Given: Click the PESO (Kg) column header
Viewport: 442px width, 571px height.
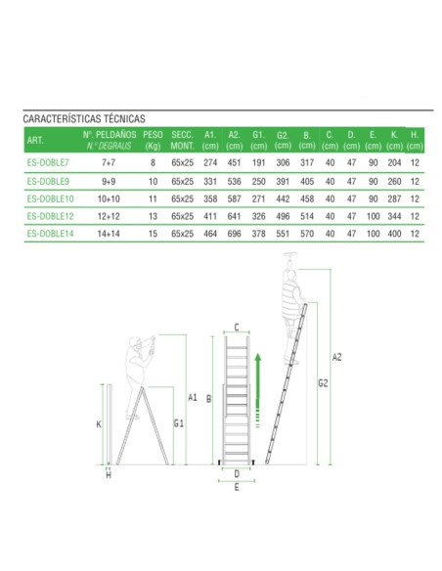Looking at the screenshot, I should (153, 138).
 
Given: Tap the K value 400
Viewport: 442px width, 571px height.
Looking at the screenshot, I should (395, 235).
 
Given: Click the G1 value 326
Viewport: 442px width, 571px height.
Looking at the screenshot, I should (258, 216).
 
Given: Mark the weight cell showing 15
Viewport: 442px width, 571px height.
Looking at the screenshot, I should (153, 235).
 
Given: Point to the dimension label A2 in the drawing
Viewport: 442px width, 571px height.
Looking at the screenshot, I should (337, 358).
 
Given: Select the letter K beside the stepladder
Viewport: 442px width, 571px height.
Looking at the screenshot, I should (99, 424).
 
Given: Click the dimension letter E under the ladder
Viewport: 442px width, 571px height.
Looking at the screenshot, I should (236, 486).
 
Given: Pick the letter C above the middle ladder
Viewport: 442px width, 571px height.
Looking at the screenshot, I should (236, 328).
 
